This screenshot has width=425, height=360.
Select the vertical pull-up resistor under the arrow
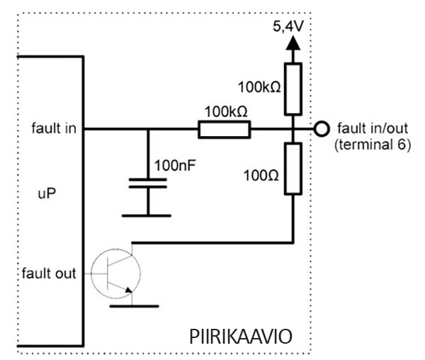(293, 89)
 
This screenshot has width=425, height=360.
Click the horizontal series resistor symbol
(224, 129)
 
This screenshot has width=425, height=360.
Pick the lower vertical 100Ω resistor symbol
(293, 168)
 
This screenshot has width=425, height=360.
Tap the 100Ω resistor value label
(259, 173)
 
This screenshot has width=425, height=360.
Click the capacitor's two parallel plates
(148, 184)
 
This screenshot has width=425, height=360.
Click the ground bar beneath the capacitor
(148, 215)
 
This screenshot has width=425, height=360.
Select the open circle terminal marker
(322, 129)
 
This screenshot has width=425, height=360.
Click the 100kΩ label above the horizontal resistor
(225, 112)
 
